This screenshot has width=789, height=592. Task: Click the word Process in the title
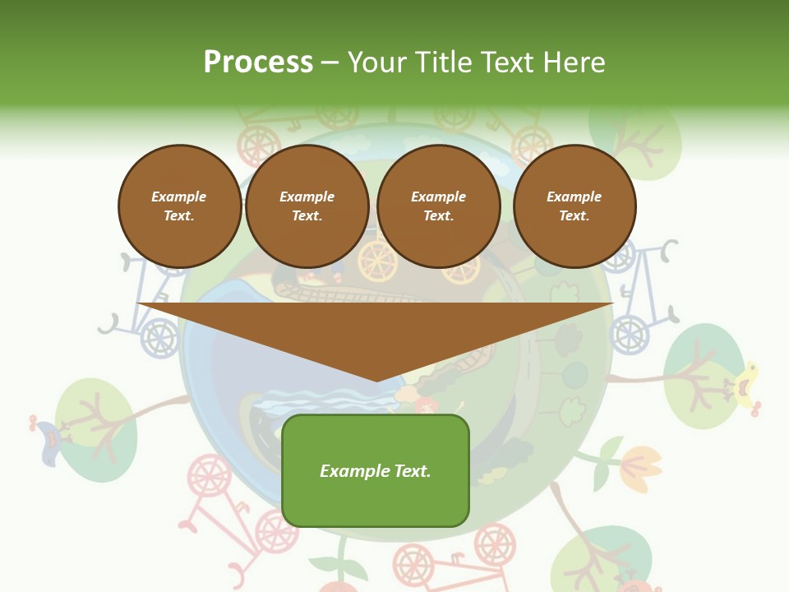[x=258, y=62]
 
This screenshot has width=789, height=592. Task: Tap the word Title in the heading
[x=442, y=62]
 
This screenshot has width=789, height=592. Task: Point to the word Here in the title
[x=573, y=62]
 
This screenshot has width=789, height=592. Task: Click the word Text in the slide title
[x=509, y=62]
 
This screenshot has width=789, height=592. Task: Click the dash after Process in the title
[x=330, y=63]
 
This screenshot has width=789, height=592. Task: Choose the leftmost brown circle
[x=179, y=206]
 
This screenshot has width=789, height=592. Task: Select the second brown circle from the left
[x=307, y=206]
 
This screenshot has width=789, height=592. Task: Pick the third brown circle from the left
[x=439, y=206]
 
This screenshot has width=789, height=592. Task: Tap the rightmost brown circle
[x=574, y=206]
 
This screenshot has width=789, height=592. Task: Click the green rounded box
[x=376, y=470]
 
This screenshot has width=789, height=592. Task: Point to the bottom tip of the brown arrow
[x=376, y=380]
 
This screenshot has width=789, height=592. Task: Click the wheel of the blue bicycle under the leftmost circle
[x=159, y=338]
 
